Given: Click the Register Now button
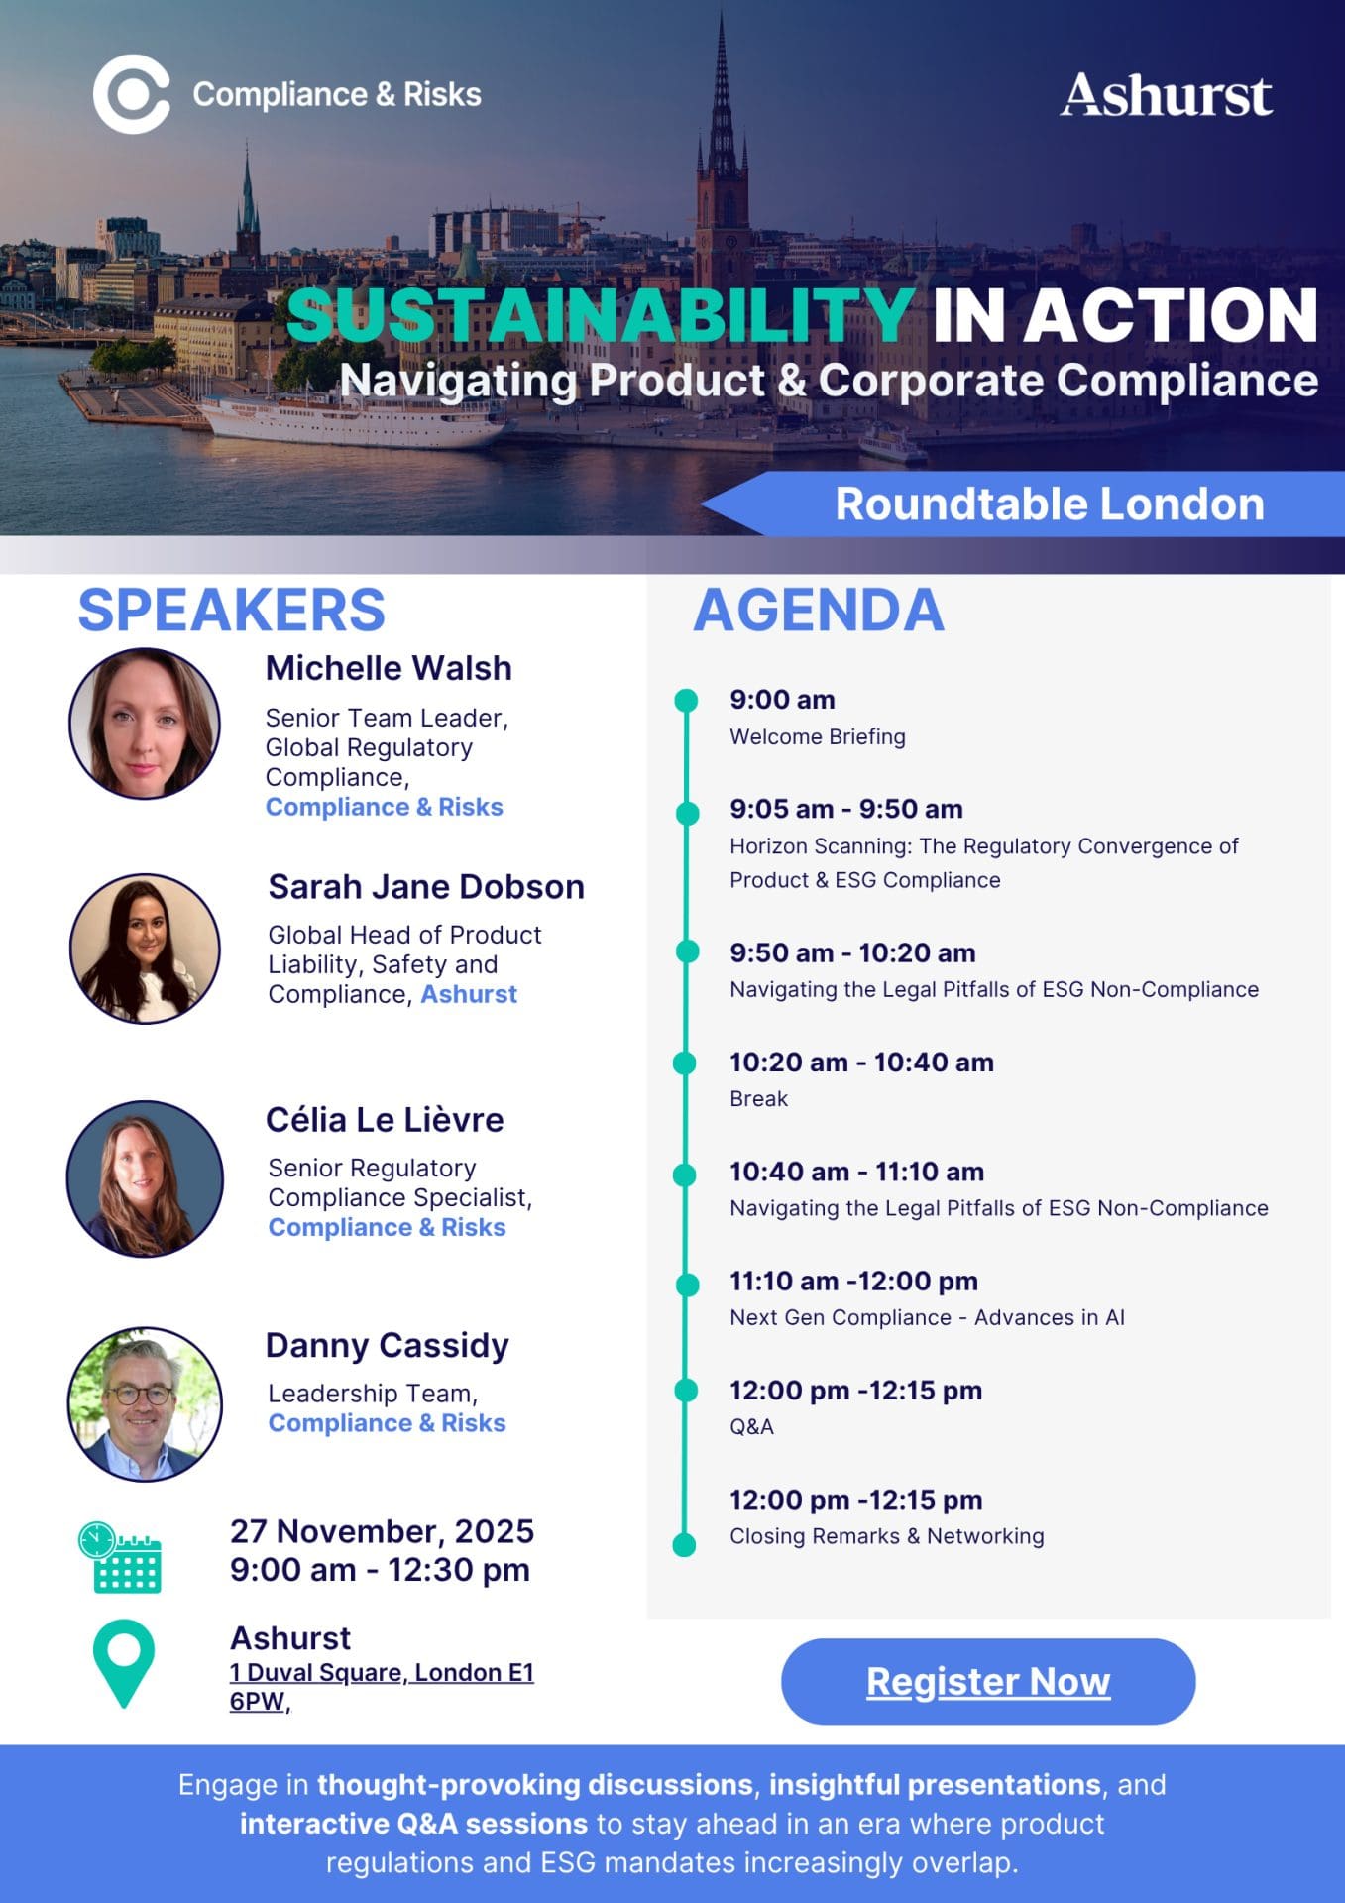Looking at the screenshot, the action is coord(988,1681).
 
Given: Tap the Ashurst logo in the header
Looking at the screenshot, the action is coord(1167,95).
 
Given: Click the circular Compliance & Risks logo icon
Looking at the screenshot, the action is coord(132,95).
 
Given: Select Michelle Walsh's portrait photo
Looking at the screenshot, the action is coord(145,724).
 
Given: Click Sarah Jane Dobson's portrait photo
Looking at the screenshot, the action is coord(145,949).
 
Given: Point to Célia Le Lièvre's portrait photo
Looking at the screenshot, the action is coord(145,1178).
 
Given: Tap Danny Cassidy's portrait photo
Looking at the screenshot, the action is coord(145,1404).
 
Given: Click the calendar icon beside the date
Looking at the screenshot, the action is coord(120,1557).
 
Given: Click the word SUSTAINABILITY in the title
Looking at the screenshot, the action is coord(600,314).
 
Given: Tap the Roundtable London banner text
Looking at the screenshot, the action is coord(1050,504).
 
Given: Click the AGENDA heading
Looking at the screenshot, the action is coord(819,610).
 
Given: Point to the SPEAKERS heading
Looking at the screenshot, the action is coord(231,610).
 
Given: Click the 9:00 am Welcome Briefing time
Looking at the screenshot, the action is coord(782,700).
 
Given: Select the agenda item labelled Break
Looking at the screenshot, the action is coord(758,1098).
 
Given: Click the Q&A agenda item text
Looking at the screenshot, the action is coord(751,1426).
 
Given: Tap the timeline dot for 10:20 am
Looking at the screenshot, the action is coord(685,1063).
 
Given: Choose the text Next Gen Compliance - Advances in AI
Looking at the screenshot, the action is coord(927,1317).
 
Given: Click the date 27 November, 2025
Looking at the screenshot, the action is coord(382,1531).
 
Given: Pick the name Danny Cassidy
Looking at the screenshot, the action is coord(387,1345).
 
